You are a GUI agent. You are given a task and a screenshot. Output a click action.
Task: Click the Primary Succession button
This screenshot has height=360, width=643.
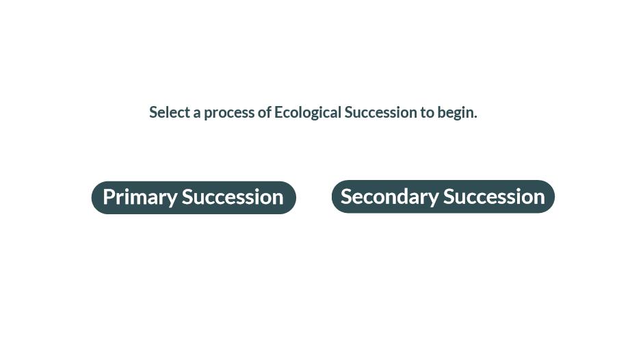click(x=194, y=197)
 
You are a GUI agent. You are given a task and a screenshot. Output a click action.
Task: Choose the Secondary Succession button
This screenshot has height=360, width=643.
click(x=443, y=196)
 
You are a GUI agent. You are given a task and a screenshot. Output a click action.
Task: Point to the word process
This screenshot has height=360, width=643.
click(x=229, y=113)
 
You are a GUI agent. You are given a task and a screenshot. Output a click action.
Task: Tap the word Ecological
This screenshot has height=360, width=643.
click(x=308, y=112)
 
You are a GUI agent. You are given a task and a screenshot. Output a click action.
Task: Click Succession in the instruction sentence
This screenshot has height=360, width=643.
click(x=380, y=112)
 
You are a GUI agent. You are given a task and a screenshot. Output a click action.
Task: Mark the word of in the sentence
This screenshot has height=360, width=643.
click(x=264, y=112)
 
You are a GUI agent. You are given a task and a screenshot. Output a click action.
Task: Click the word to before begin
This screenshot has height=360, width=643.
click(x=427, y=112)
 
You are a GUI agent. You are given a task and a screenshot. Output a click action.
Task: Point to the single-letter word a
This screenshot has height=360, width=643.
click(x=197, y=114)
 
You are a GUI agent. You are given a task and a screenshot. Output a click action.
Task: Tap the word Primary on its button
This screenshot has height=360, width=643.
click(x=140, y=197)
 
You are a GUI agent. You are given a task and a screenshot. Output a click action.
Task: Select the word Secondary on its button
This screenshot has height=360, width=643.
click(x=390, y=196)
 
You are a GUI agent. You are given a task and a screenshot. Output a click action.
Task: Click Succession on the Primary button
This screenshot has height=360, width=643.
click(x=233, y=197)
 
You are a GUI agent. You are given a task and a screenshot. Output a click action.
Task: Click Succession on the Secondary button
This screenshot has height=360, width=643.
click(x=494, y=196)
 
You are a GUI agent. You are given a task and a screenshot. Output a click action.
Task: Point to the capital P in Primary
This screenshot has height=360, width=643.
click(x=109, y=196)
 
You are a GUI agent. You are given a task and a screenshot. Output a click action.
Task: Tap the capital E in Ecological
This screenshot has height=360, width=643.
click(x=278, y=112)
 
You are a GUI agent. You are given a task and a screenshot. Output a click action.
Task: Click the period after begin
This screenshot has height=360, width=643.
click(x=475, y=118)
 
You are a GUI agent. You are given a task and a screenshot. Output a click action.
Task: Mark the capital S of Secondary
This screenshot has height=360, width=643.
click(x=347, y=196)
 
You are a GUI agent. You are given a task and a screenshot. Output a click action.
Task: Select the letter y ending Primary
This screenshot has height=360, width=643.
click(x=172, y=200)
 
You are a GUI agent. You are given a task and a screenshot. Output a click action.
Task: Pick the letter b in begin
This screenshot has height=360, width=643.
click(x=441, y=112)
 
